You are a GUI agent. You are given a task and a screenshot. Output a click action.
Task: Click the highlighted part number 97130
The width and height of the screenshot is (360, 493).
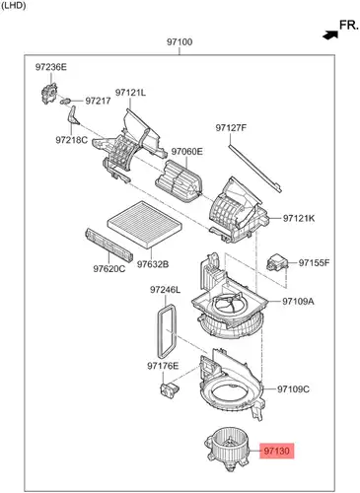point(276,451)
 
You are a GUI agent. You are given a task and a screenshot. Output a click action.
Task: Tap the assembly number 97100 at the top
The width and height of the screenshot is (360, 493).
point(180,42)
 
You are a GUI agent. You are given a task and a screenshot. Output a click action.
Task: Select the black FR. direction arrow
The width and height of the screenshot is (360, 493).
point(330,35)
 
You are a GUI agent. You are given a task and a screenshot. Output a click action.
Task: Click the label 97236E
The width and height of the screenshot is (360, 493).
point(51,67)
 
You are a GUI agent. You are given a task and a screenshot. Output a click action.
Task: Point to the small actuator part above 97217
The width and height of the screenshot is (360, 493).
point(49,94)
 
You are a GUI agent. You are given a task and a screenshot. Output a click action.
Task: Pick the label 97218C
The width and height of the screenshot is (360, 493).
point(72,140)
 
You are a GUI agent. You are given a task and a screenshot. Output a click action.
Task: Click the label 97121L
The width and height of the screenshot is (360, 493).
point(130,93)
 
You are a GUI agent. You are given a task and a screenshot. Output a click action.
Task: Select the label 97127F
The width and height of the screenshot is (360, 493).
point(231,127)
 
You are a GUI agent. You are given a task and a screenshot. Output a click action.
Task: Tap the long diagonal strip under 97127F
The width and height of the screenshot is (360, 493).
point(255,168)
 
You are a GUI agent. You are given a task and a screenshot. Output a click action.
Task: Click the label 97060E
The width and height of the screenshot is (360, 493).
point(187,152)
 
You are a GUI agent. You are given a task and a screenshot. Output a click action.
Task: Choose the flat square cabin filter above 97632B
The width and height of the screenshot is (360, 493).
point(145,225)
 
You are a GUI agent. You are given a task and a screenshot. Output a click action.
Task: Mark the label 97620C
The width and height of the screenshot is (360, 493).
point(109,269)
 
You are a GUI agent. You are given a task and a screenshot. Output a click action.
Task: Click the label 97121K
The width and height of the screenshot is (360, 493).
point(299,218)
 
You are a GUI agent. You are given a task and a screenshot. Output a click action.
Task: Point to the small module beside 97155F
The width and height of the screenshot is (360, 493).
point(277,262)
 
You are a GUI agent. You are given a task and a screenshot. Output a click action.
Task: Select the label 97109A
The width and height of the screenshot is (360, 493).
point(298,301)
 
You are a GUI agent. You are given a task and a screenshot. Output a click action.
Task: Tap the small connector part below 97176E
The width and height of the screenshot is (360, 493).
point(170,389)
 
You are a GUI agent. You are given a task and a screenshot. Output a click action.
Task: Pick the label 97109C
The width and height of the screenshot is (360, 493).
point(293,389)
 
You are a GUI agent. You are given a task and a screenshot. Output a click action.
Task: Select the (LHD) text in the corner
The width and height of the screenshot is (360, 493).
point(14,6)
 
